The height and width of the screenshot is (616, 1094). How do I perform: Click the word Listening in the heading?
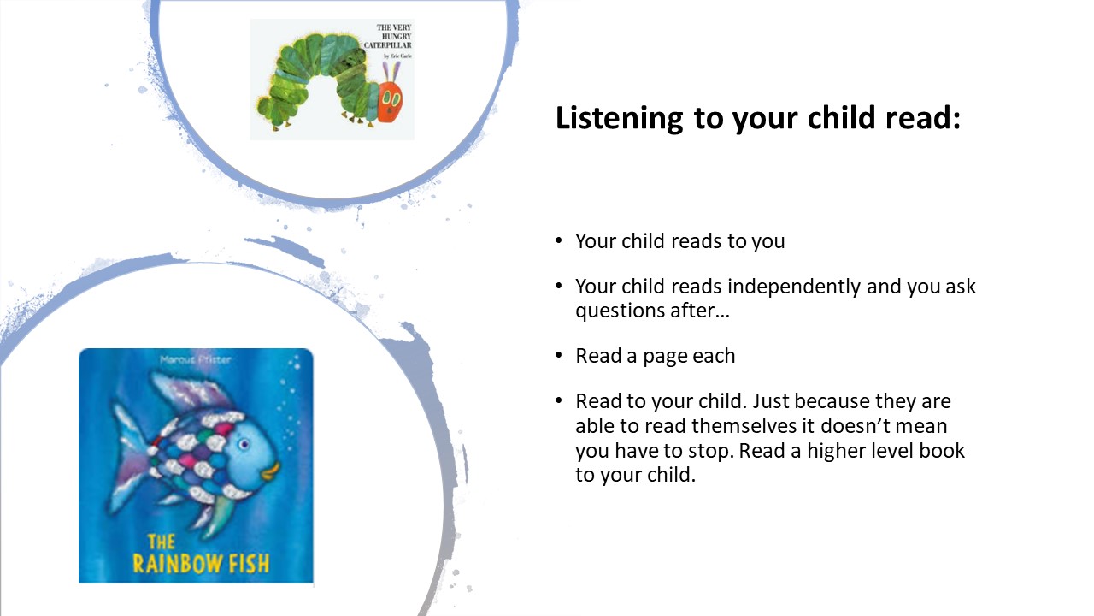pos(620,118)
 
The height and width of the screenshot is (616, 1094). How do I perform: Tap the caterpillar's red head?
pos(390,102)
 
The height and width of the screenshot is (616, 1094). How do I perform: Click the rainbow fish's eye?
pos(244,444)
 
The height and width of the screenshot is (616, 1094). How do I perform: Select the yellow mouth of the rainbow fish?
pos(271,471)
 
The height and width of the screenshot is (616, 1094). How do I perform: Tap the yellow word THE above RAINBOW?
pos(162,542)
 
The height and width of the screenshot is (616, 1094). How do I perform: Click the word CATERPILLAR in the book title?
pos(387,45)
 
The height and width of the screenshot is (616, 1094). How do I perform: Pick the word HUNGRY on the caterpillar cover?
pos(396,36)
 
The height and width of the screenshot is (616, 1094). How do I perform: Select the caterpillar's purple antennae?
pos(391,71)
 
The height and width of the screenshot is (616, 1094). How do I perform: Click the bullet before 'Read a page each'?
pos(559,355)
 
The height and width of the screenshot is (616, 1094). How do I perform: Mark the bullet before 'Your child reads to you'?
pos(559,240)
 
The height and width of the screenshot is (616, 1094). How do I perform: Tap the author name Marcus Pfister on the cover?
pos(196,360)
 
